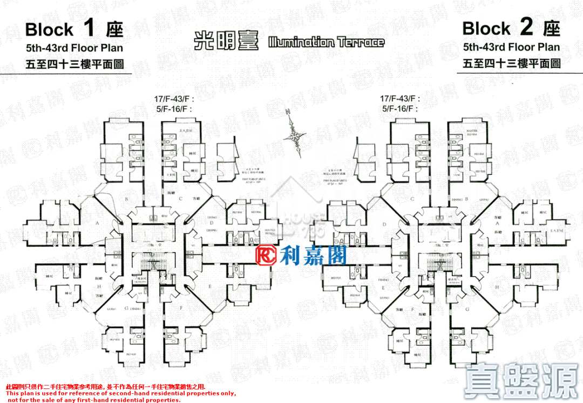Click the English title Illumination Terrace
tap(327, 42)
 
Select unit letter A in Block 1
tap(98, 222)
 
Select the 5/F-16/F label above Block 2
tap(399, 108)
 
